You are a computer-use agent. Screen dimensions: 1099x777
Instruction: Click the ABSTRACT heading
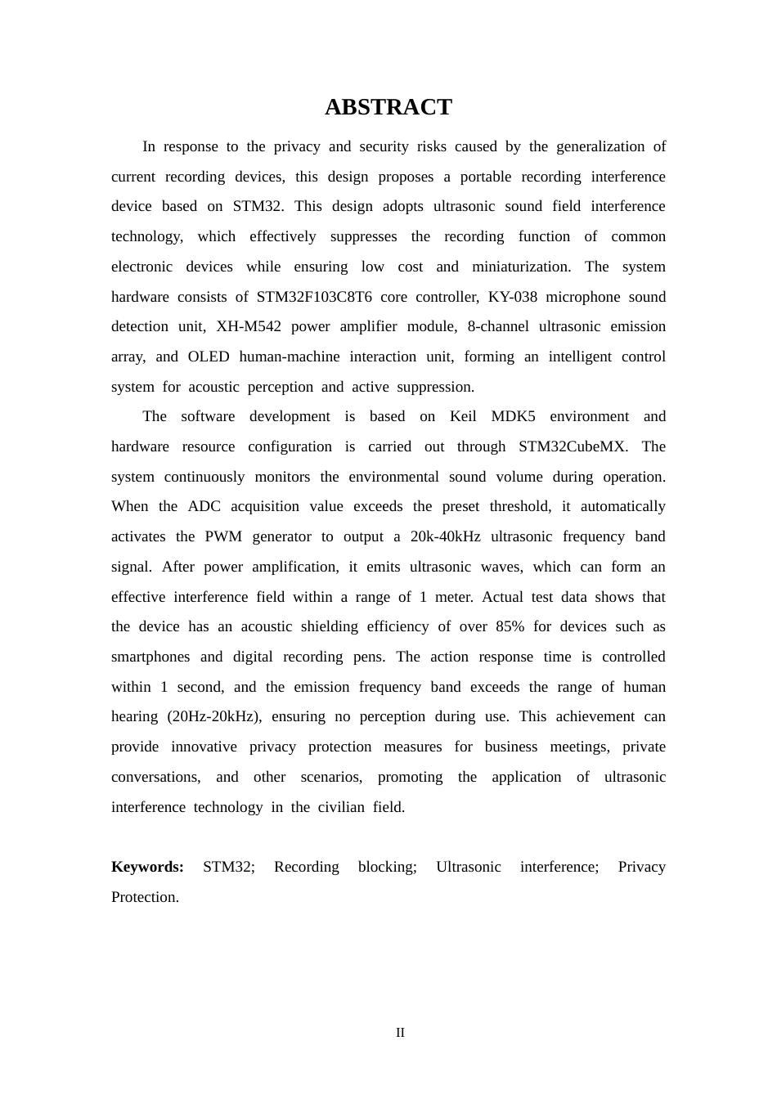(388, 107)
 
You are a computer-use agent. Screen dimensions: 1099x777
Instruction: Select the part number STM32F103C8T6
(314, 297)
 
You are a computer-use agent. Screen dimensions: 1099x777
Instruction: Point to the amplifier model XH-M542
(248, 326)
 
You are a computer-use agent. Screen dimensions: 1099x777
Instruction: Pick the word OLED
(209, 357)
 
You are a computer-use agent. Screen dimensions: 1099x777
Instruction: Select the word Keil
(463, 416)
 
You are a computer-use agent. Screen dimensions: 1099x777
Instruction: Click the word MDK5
(513, 416)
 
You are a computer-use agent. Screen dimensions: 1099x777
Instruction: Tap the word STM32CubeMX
(573, 446)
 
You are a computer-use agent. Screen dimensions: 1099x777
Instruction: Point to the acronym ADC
(204, 506)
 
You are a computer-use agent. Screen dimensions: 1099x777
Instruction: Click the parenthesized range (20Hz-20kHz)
(214, 716)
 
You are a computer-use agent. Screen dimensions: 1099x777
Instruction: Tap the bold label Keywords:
(147, 867)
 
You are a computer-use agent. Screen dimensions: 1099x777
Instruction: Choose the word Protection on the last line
(145, 897)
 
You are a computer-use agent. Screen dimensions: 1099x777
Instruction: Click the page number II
(400, 1033)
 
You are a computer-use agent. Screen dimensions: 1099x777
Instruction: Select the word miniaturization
(521, 267)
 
